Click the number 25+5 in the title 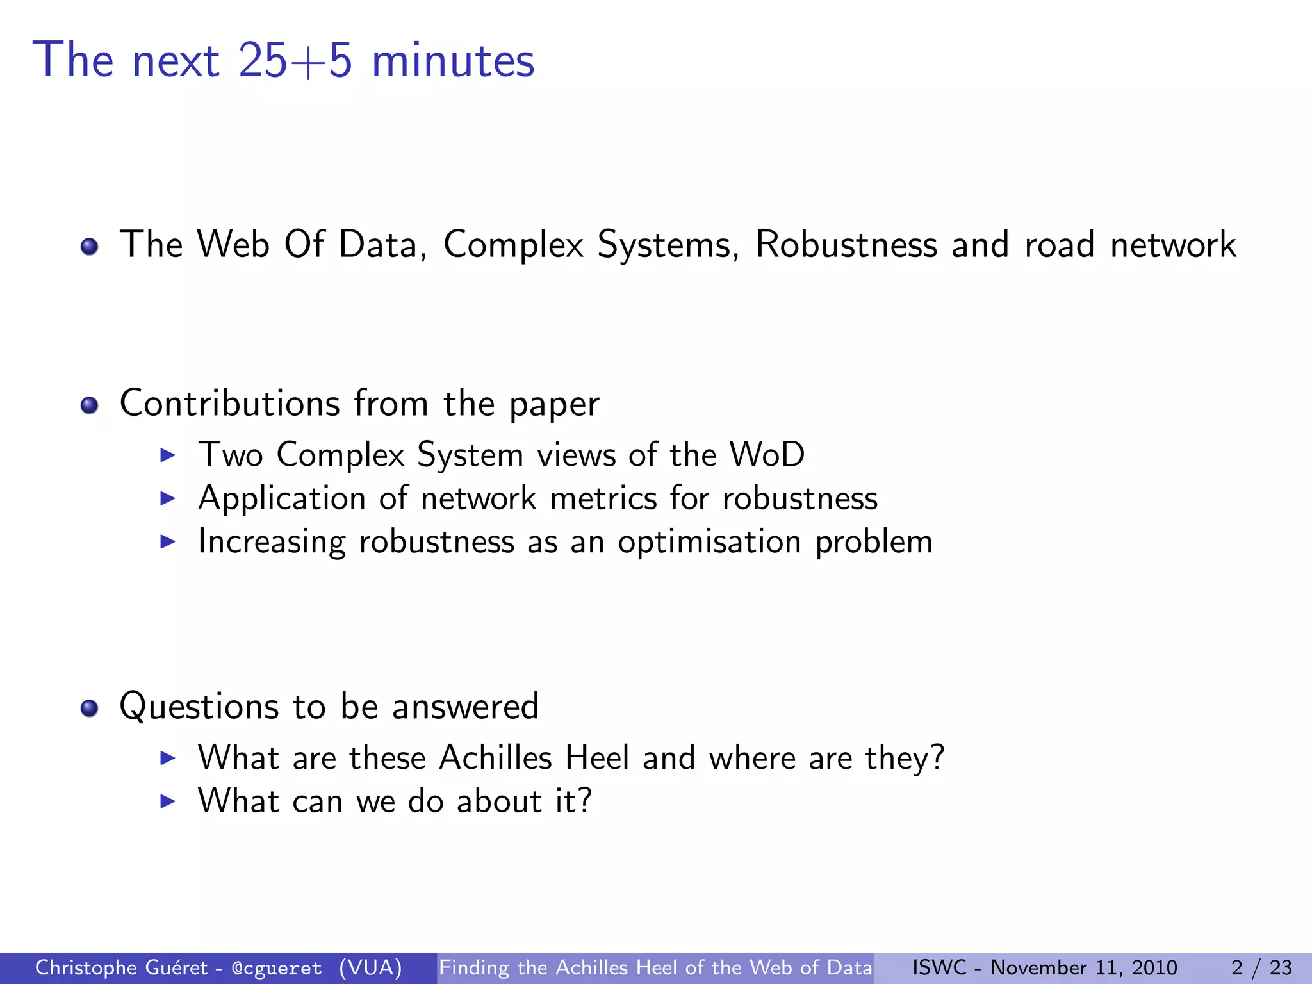click(295, 61)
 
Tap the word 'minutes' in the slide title click(453, 61)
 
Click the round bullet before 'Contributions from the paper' click(89, 405)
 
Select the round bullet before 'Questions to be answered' click(89, 708)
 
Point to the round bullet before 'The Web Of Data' click(89, 246)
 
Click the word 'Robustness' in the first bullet click(846, 245)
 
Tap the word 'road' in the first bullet click(1059, 245)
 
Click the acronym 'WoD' click(767, 455)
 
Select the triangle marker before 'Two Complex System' click(167, 455)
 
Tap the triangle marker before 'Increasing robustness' click(167, 542)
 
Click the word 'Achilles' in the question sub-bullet click(495, 758)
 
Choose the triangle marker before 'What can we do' click(167, 801)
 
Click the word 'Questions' click(199, 707)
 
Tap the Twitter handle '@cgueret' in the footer click(277, 968)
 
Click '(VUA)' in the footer click(370, 968)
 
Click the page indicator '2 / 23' click(1261, 968)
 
